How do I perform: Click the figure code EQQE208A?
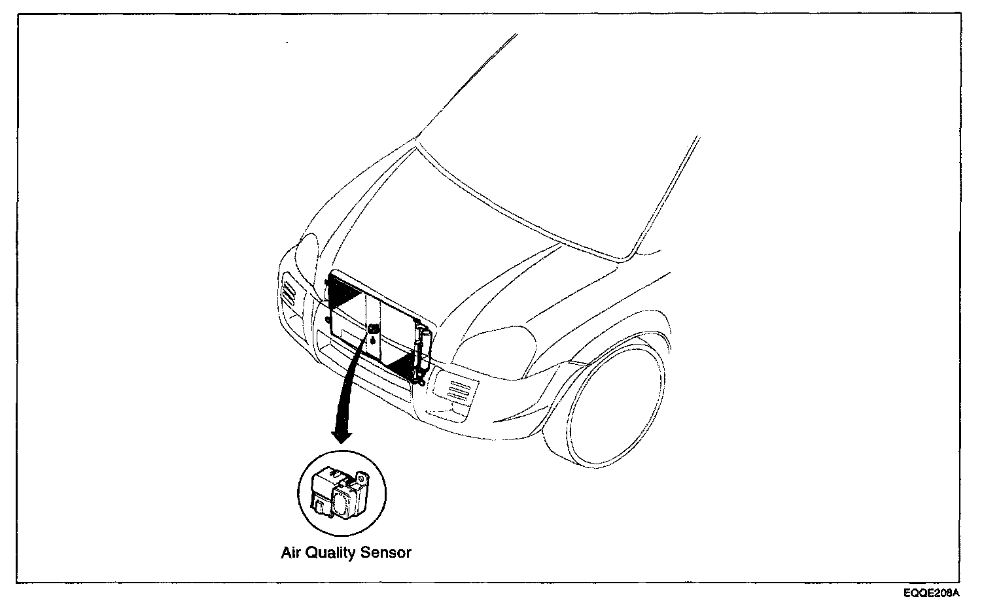932,594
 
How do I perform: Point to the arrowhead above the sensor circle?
342,435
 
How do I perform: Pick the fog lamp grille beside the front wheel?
456,390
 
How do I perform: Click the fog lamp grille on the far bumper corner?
288,291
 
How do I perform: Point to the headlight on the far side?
306,252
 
